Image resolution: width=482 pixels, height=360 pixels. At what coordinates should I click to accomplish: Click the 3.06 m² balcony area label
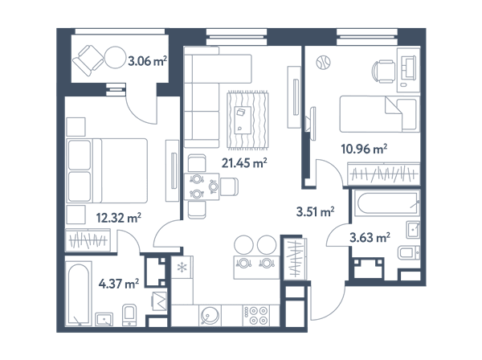click(x=147, y=61)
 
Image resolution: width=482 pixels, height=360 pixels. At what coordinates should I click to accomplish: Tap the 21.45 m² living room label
click(x=244, y=162)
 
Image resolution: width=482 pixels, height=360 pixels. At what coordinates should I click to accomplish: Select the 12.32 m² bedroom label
click(x=119, y=218)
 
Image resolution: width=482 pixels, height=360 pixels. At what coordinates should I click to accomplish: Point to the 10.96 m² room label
click(x=364, y=149)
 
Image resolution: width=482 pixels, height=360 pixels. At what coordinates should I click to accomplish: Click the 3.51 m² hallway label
click(x=315, y=212)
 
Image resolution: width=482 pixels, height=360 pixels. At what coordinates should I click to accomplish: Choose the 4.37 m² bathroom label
click(x=119, y=284)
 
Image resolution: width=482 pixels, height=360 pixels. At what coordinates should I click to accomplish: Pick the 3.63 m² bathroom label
click(x=370, y=237)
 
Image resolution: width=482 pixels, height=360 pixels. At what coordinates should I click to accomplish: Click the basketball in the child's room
click(x=323, y=63)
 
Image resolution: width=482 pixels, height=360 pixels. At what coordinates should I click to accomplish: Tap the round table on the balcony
click(x=115, y=57)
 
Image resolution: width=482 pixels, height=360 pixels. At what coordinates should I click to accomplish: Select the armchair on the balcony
click(x=88, y=60)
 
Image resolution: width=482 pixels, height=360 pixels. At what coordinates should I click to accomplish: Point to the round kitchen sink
click(x=210, y=316)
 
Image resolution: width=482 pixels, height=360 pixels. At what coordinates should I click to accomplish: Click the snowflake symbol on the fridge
click(x=182, y=268)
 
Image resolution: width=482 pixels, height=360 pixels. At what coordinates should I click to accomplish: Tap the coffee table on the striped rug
click(x=243, y=120)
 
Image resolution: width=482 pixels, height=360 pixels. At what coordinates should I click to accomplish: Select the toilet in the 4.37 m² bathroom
click(x=129, y=315)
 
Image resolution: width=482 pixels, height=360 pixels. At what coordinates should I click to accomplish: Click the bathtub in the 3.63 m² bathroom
click(x=386, y=202)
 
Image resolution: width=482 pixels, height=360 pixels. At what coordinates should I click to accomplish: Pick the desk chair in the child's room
click(x=383, y=72)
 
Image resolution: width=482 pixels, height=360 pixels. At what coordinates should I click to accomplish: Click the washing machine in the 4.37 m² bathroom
click(x=160, y=301)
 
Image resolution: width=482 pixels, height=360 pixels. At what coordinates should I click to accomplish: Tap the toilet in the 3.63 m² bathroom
click(x=409, y=253)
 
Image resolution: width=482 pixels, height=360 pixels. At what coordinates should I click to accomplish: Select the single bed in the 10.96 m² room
click(x=379, y=114)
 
